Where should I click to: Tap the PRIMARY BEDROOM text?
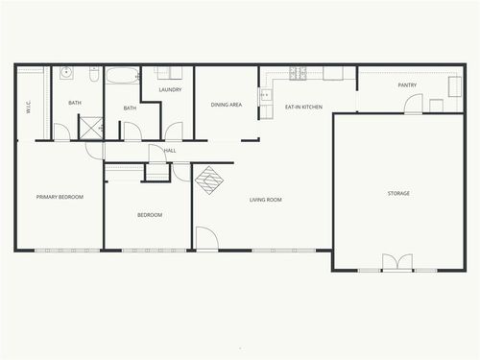[60, 197]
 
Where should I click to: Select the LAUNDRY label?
[171, 90]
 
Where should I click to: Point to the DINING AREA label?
[227, 104]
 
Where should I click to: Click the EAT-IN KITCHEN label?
[303, 107]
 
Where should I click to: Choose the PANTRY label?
[407, 85]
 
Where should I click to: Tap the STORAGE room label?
[398, 193]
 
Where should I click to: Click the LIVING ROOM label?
[265, 200]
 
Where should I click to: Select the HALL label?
[170, 151]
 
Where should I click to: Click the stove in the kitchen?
[299, 73]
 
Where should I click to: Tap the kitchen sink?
[265, 95]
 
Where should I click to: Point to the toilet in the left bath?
[94, 73]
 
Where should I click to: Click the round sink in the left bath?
[67, 72]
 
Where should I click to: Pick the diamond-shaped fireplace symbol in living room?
[209, 178]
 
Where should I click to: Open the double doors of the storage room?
[397, 262]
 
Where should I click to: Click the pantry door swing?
[413, 104]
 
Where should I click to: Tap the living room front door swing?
[205, 239]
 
